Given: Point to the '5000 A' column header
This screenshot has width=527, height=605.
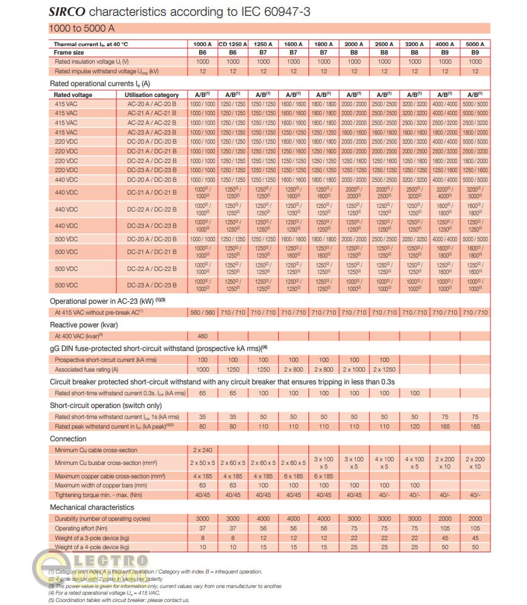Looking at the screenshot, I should (475, 44).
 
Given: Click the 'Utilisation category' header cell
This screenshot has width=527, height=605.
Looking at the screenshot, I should (152, 95).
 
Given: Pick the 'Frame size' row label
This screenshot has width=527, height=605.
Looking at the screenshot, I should (69, 53).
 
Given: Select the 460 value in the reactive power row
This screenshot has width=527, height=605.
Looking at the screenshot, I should (203, 336).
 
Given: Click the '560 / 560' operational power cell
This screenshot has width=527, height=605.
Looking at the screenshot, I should (203, 312).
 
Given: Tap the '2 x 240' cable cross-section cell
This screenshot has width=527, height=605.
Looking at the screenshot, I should (203, 450).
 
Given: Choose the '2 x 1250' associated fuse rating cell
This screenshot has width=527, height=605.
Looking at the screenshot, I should (384, 369).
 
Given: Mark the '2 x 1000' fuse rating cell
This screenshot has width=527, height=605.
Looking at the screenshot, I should (354, 369).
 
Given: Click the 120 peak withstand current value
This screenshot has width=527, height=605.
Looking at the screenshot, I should (415, 426).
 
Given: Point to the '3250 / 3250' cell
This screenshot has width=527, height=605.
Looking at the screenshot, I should (415, 239).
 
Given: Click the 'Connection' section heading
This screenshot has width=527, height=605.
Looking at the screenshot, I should (68, 438).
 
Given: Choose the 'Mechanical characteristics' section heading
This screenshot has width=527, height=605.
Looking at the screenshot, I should (92, 507).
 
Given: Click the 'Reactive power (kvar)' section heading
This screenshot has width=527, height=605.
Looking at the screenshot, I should (83, 325).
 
